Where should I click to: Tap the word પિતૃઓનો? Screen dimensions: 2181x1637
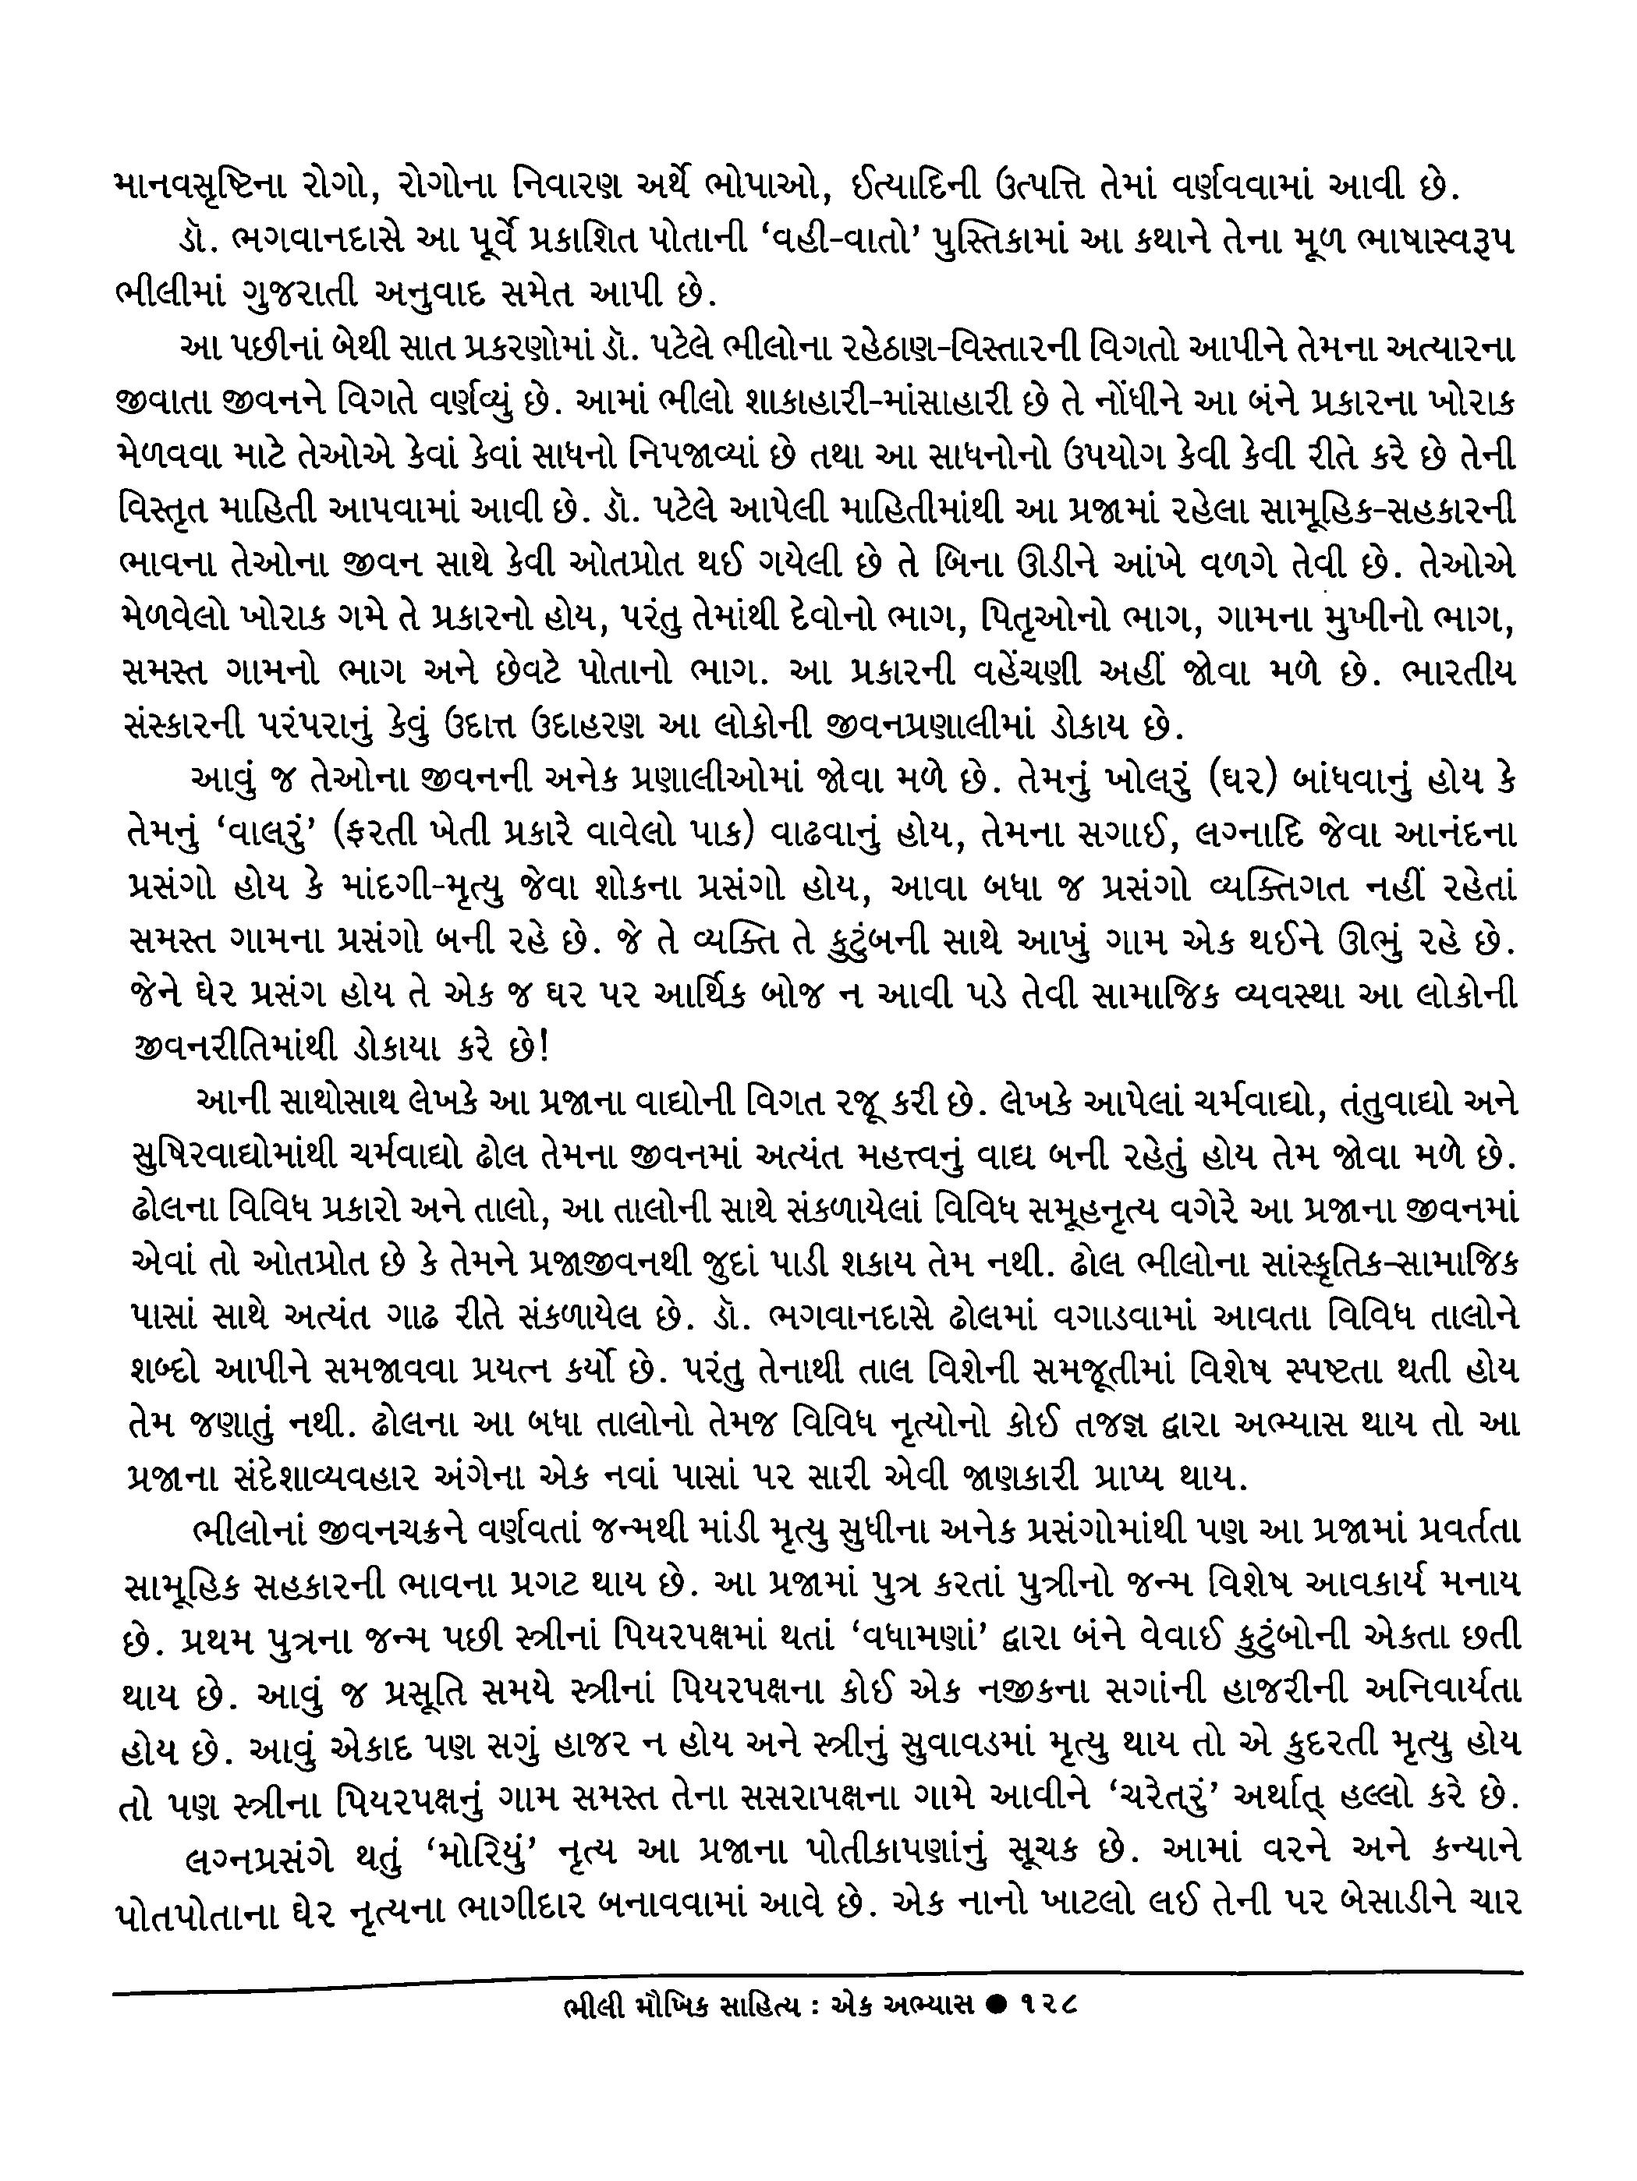coord(1054,619)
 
